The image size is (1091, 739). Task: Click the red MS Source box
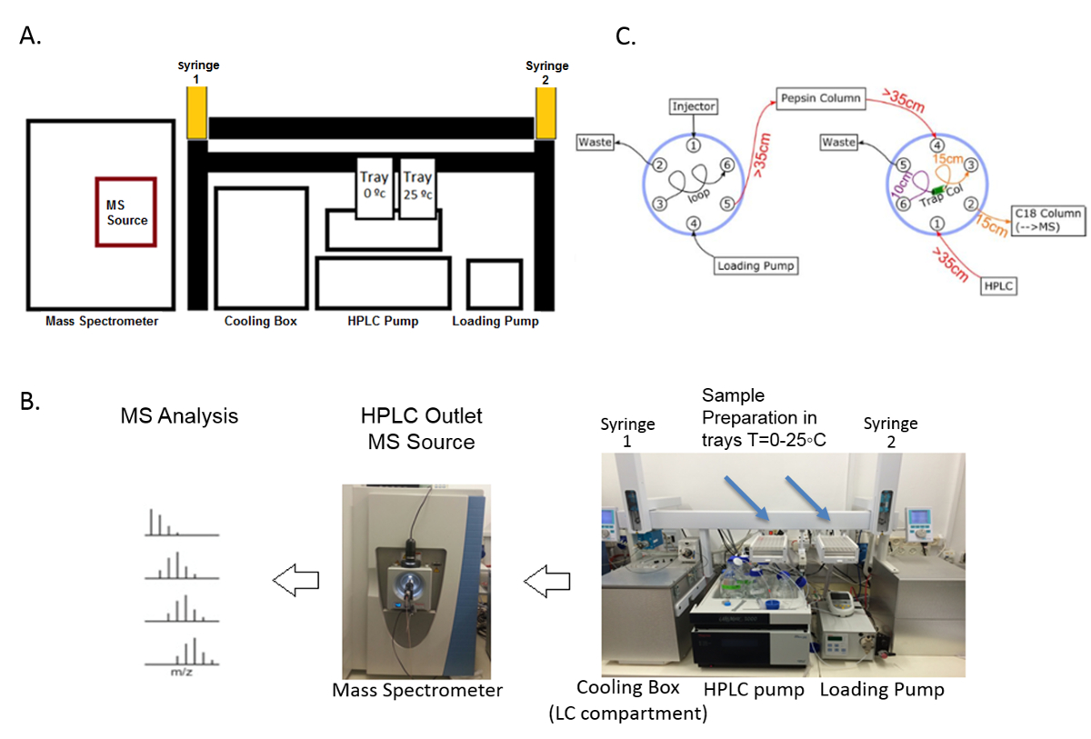pyautogui.click(x=126, y=212)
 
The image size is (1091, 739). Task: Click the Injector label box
pyautogui.click(x=694, y=106)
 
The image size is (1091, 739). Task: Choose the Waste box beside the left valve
pyautogui.click(x=595, y=142)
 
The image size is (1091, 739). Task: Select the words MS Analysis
pyautogui.click(x=179, y=416)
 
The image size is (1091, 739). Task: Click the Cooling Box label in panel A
pyautogui.click(x=261, y=321)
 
